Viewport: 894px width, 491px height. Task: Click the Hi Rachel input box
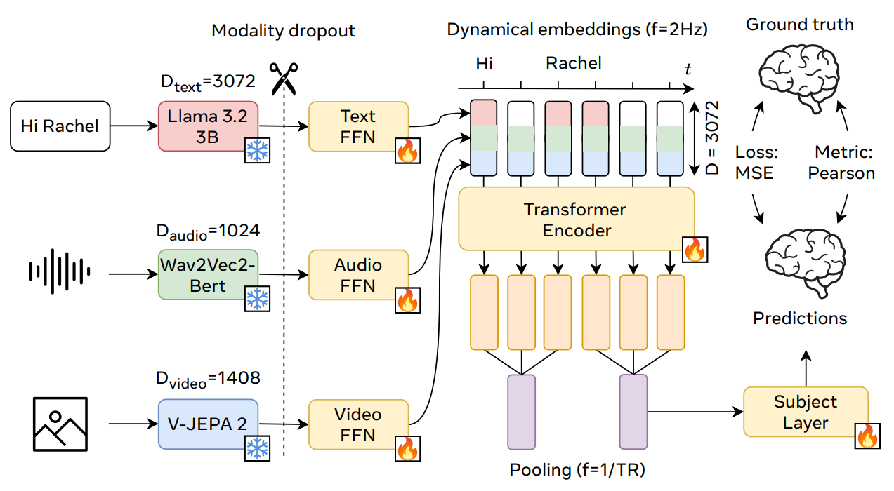pyautogui.click(x=60, y=127)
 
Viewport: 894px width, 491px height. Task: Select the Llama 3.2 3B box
pyautogui.click(x=208, y=126)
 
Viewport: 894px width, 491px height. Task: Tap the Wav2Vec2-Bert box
pyautogui.click(x=208, y=275)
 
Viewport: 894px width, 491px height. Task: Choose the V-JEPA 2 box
pyautogui.click(x=208, y=424)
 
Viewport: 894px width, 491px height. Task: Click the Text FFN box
pyautogui.click(x=358, y=126)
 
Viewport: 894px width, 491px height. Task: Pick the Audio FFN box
pyautogui.click(x=358, y=275)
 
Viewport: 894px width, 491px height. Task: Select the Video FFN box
pyautogui.click(x=358, y=424)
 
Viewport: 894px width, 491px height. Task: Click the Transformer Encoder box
pyautogui.click(x=576, y=219)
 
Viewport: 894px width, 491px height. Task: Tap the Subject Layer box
pyautogui.click(x=806, y=412)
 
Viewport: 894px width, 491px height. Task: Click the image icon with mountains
pyautogui.click(x=60, y=424)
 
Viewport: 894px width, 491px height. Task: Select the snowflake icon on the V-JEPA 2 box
pyautogui.click(x=256, y=446)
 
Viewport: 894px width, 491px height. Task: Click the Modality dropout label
pyautogui.click(x=284, y=31)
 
